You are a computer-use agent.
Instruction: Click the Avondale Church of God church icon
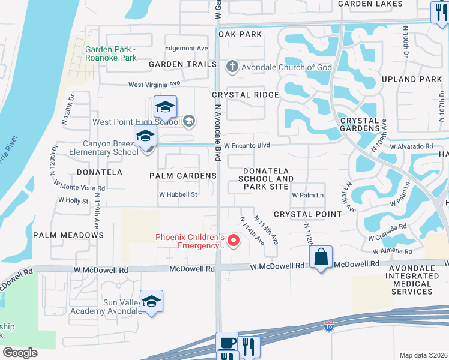click(x=232, y=67)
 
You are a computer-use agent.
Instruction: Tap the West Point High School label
click(x=136, y=122)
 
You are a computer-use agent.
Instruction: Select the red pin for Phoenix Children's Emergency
click(x=234, y=241)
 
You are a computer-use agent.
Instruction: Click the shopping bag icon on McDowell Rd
click(x=321, y=257)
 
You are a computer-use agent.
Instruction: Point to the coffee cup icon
click(x=227, y=343)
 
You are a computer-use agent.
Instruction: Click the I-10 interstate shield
click(x=328, y=326)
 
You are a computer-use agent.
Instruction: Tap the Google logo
click(x=20, y=353)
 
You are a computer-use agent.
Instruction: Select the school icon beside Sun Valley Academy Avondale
click(x=152, y=302)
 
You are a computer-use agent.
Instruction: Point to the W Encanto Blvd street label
click(x=248, y=145)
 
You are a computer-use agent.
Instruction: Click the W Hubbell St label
click(x=178, y=194)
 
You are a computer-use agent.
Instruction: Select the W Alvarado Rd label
click(x=411, y=146)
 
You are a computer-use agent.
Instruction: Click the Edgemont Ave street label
click(x=186, y=48)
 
